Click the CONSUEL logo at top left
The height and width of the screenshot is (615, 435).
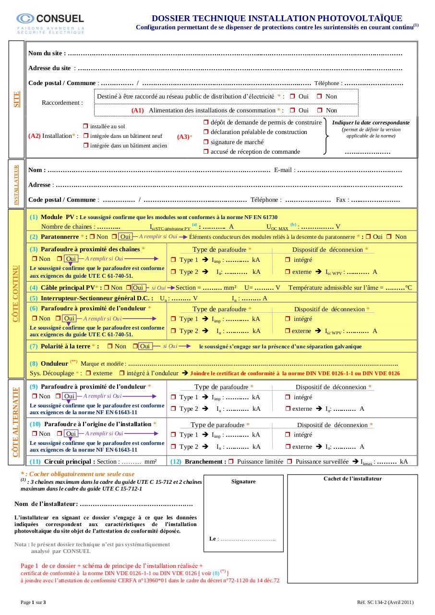(50, 23)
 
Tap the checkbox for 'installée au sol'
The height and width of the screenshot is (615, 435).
(86, 127)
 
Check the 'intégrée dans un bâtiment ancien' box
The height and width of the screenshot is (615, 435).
(86, 145)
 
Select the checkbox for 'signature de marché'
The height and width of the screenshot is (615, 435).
(206, 142)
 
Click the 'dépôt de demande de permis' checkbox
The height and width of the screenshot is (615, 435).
(206, 123)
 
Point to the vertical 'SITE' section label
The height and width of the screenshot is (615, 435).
(17, 99)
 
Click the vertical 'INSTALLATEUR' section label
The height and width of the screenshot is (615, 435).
(17, 184)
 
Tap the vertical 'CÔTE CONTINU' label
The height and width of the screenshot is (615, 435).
(16, 293)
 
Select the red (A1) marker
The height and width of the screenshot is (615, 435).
(138, 111)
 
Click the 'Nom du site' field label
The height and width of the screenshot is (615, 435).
(45, 53)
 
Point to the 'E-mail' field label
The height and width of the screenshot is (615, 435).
(283, 170)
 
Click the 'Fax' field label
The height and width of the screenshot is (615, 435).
(341, 200)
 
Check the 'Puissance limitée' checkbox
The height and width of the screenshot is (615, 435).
(231, 462)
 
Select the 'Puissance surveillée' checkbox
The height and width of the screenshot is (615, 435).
(290, 462)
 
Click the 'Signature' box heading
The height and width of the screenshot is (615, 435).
(243, 481)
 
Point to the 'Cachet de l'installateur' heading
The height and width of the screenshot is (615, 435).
(352, 479)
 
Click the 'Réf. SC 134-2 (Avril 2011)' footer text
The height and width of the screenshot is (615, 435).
(385, 602)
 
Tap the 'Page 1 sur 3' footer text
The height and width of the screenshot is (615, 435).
(33, 602)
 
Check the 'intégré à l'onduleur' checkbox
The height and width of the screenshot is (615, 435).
(122, 373)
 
